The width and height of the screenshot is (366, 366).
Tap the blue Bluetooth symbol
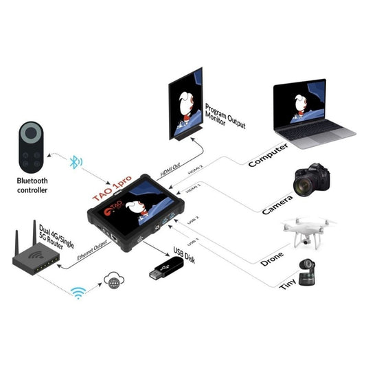(x=76, y=163)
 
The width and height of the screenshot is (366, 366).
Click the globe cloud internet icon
(x=113, y=279)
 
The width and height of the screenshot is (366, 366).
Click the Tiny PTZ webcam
(x=310, y=273)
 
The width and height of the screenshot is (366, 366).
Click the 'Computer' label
(x=268, y=152)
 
